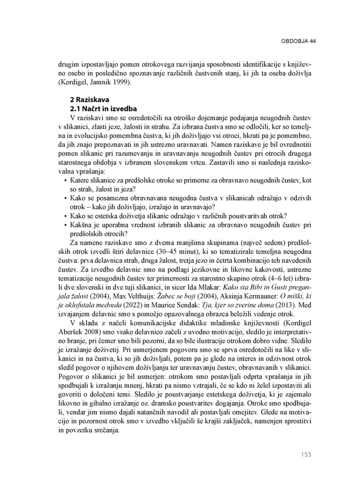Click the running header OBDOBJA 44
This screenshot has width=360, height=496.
pos(298,41)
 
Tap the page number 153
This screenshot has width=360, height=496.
pos(306,455)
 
